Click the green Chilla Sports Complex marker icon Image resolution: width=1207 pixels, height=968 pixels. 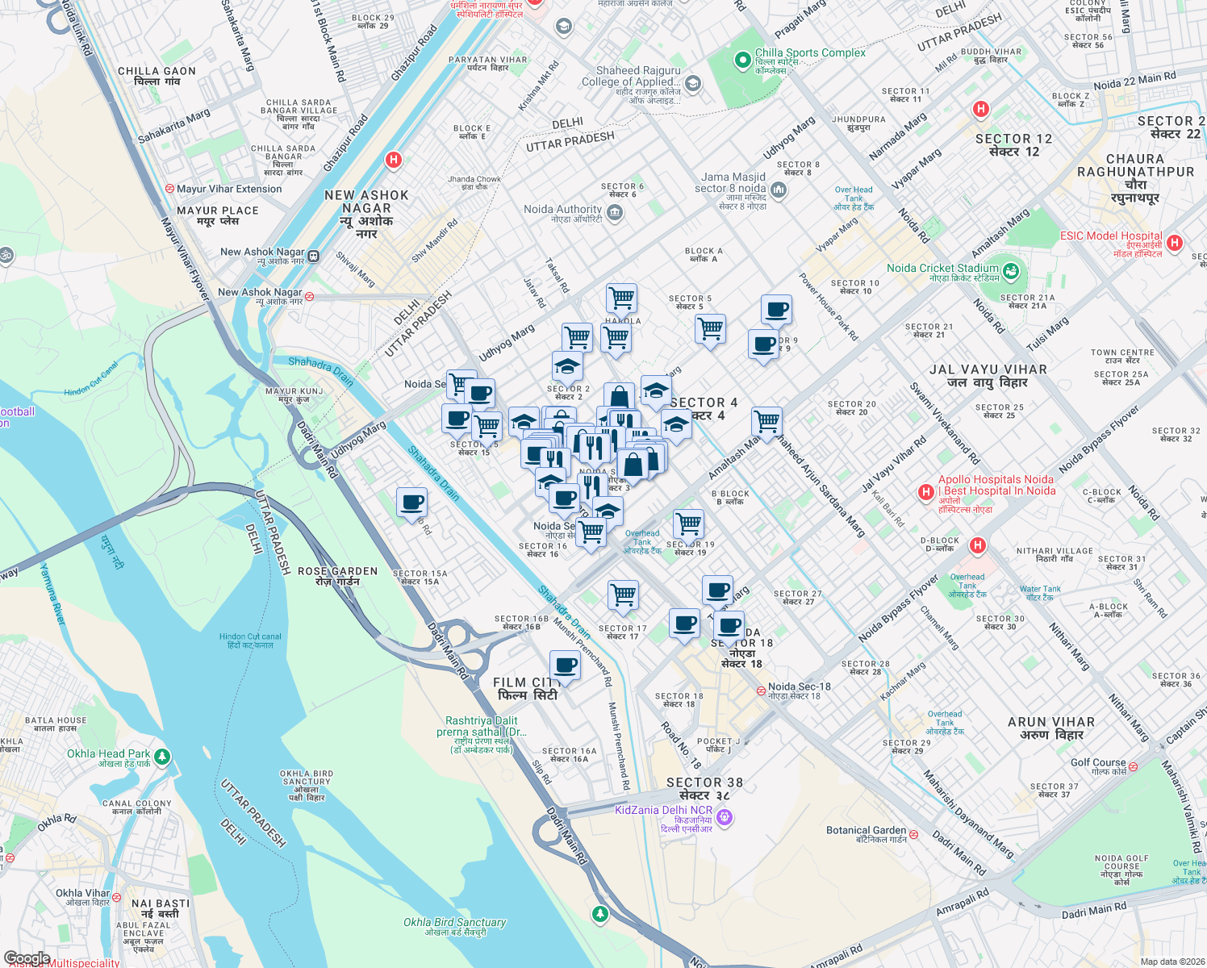[742, 60]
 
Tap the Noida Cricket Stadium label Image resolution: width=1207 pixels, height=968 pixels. [942, 269]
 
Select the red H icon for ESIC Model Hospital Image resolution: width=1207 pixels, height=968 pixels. [1175, 242]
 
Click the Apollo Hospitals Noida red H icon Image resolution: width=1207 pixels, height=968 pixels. [926, 491]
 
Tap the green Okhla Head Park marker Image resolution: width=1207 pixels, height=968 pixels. [162, 756]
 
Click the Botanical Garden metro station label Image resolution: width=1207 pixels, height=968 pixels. [867, 831]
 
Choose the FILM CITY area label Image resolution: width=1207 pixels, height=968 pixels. [527, 689]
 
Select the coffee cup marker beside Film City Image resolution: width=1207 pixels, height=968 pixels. [566, 666]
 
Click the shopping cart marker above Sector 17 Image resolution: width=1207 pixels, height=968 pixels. [623, 595]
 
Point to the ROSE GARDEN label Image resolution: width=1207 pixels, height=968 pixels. [337, 576]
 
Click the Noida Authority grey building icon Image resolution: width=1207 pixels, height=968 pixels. [615, 213]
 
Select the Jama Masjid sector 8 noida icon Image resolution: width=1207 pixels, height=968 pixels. [779, 190]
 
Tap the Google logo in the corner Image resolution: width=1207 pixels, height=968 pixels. [27, 958]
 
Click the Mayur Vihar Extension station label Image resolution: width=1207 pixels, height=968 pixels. [229, 189]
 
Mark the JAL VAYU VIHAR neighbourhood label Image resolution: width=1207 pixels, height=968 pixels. [988, 376]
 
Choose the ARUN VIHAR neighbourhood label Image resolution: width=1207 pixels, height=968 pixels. [1051, 728]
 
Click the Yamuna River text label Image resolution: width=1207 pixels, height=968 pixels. [52, 593]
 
